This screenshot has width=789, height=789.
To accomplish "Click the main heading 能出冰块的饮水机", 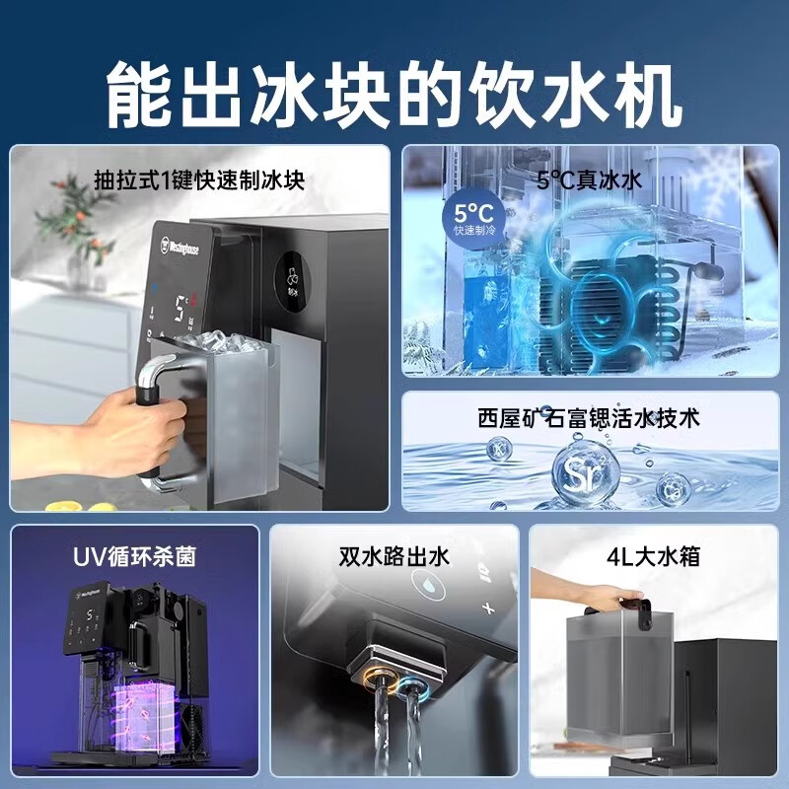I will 394,91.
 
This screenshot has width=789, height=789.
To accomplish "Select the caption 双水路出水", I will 394,556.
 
